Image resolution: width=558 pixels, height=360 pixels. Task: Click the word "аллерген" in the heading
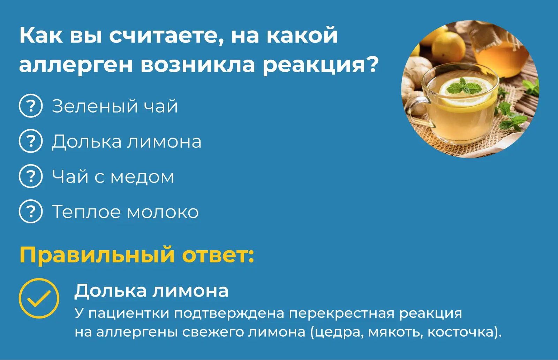pyautogui.click(x=76, y=65)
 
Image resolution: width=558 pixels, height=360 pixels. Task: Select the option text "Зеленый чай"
pyautogui.click(x=115, y=106)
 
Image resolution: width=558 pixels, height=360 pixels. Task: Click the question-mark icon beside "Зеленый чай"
pyautogui.click(x=31, y=106)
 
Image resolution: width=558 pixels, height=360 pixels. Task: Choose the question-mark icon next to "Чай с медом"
pyautogui.click(x=31, y=176)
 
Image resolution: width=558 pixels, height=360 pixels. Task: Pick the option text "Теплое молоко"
pyautogui.click(x=125, y=212)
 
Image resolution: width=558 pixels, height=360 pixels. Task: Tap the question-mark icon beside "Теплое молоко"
pyautogui.click(x=31, y=212)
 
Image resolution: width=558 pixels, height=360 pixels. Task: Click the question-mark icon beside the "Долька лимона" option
pyautogui.click(x=31, y=141)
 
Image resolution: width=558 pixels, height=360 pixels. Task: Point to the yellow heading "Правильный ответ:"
pyautogui.click(x=137, y=255)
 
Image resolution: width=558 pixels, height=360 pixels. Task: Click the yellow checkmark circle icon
pyautogui.click(x=39, y=299)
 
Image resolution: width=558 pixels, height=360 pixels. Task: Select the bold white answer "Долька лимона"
pyautogui.click(x=151, y=291)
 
